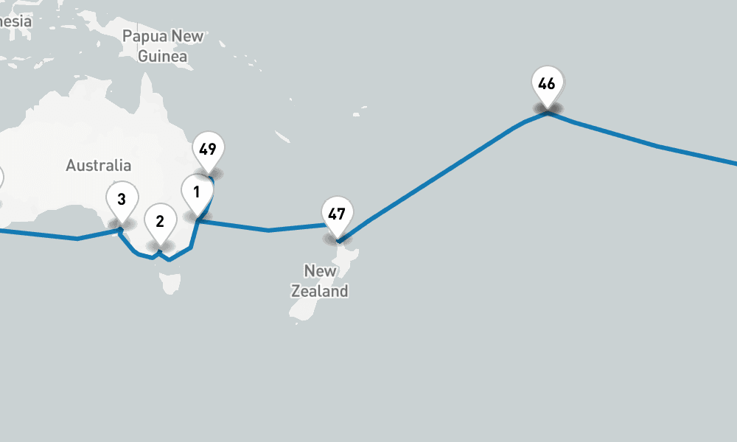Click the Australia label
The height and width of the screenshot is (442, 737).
(x=99, y=166)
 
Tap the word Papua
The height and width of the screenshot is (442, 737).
(x=142, y=36)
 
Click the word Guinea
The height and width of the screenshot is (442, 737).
(x=163, y=56)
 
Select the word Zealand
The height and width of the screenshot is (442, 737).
(x=319, y=291)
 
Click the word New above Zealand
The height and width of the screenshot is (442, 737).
(x=320, y=271)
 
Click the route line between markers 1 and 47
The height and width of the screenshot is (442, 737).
(x=268, y=230)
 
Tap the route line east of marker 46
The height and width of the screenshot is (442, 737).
(x=656, y=146)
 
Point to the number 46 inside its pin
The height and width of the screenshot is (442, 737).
(x=547, y=83)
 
